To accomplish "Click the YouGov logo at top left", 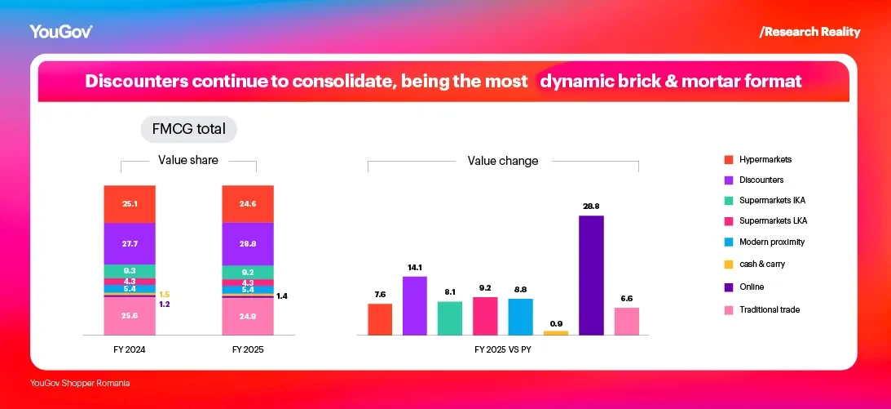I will pyautogui.click(x=60, y=32).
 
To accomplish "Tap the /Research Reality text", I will pyautogui.click(x=809, y=32).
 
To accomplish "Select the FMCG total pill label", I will pyautogui.click(x=188, y=129).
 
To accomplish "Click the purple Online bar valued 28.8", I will pyautogui.click(x=591, y=275).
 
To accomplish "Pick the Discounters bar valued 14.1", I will pyautogui.click(x=414, y=305).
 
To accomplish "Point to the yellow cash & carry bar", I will pyautogui.click(x=555, y=332).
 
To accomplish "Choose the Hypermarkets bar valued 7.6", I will pyautogui.click(x=380, y=319).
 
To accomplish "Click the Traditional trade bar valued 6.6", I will pyautogui.click(x=626, y=321).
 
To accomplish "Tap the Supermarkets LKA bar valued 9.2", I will pyautogui.click(x=485, y=316).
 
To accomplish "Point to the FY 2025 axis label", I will pyautogui.click(x=248, y=349).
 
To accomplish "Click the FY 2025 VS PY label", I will pyautogui.click(x=504, y=349).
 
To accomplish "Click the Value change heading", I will pyautogui.click(x=502, y=161).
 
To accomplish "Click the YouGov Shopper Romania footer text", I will pyautogui.click(x=80, y=383).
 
